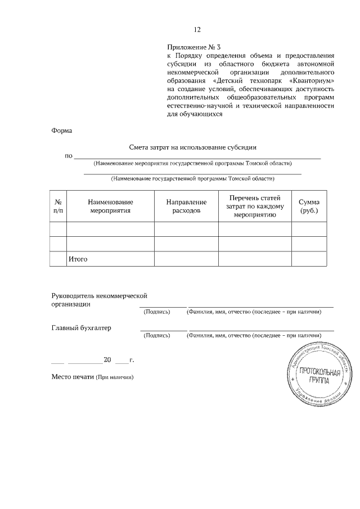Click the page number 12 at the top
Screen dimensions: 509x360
pos(197,30)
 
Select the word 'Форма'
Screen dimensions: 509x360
pos(62,130)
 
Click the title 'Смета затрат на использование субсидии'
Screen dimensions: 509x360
pos(193,147)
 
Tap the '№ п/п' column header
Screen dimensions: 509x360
pos(58,206)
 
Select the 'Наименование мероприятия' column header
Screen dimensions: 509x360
pos(110,206)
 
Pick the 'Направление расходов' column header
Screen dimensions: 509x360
pos(186,206)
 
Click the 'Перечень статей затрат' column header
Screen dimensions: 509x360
pos(254,206)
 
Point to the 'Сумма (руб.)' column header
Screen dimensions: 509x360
pos(309,206)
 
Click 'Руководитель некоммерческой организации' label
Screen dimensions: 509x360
pos(99,299)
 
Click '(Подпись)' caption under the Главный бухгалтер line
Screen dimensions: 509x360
pos(157,336)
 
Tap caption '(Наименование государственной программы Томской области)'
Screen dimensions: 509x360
pos(193,179)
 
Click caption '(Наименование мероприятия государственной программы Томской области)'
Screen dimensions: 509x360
pos(193,163)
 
